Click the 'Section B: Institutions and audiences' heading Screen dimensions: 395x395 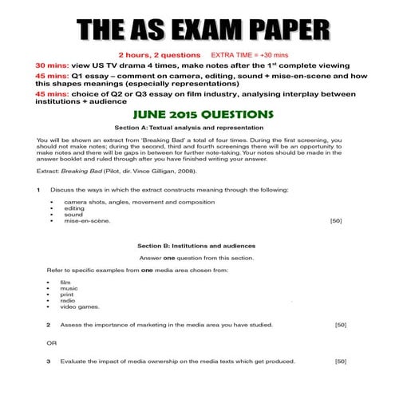pos(196,245)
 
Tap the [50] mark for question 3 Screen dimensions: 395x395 pos(341,361)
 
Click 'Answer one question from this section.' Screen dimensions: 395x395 pos(196,258)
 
